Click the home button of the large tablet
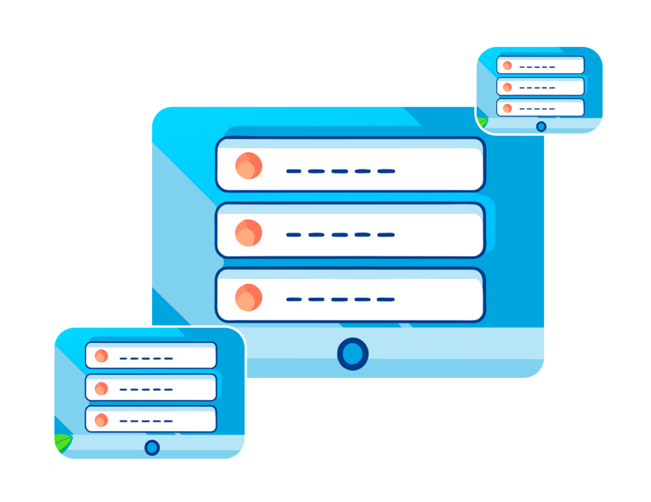point(352,354)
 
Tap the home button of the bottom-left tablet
point(152,447)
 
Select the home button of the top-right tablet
point(541,126)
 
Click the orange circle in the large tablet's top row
point(249,166)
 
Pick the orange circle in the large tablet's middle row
point(249,233)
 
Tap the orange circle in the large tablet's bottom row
point(249,297)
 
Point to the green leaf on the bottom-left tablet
point(63,443)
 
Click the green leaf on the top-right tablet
point(482,122)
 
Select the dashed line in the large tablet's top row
point(341,171)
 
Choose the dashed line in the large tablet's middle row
point(341,235)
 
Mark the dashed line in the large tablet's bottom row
point(341,299)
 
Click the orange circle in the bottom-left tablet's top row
point(101,356)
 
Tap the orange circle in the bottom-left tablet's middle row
point(101,388)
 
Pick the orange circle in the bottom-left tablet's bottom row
point(101,420)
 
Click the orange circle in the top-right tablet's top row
point(507,65)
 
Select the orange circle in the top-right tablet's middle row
point(507,87)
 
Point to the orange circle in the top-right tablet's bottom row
point(507,108)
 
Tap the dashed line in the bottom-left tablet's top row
point(146,358)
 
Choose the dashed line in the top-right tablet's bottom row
point(537,109)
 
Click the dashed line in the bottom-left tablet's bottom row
point(146,421)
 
